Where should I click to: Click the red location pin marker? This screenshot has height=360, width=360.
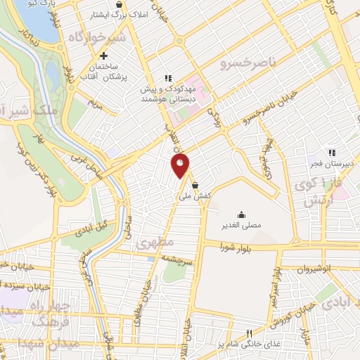(x=181, y=165)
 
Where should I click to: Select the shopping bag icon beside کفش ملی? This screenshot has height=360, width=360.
(x=204, y=185)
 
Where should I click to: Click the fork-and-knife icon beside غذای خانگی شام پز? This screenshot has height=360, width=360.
(x=248, y=333)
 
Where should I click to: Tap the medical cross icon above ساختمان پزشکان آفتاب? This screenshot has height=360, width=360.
(x=103, y=56)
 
